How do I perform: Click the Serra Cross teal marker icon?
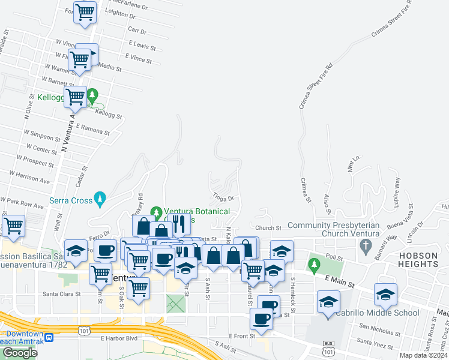pyautogui.click(x=100, y=197)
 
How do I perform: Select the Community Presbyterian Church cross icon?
pyautogui.click(x=365, y=245)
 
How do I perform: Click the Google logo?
pyautogui.click(x=20, y=353)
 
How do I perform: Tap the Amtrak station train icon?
pyautogui.click(x=48, y=337)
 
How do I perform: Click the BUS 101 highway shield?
pyautogui.click(x=328, y=344)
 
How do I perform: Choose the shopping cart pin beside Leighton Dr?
pyautogui.click(x=85, y=11)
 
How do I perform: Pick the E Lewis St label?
pyautogui.click(x=142, y=46)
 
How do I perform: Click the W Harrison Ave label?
pyautogui.click(x=29, y=176)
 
